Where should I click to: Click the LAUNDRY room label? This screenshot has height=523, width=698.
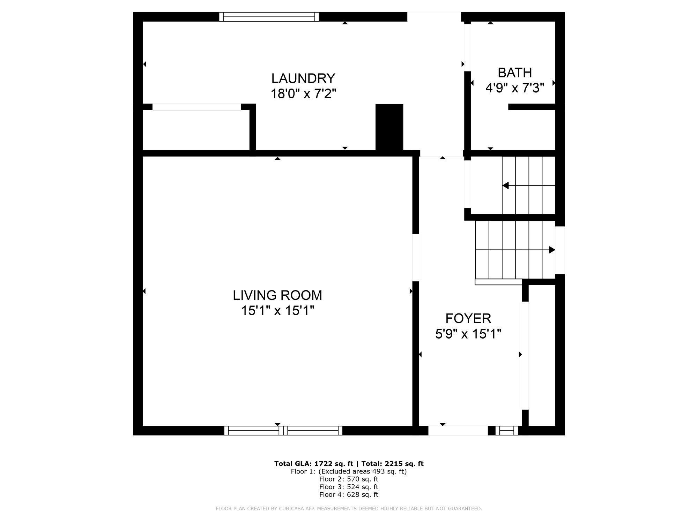click(x=303, y=78)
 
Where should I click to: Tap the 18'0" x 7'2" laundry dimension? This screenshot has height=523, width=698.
click(x=303, y=94)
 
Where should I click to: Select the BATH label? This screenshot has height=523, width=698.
click(x=515, y=73)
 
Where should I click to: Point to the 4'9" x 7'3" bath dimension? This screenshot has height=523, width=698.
click(x=515, y=88)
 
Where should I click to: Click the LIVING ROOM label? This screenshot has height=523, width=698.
click(x=277, y=295)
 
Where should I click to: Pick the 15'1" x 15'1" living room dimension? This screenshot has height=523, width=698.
click(x=277, y=310)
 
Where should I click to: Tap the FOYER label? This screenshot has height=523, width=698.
click(x=468, y=318)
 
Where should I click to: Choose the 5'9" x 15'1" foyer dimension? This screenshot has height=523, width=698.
click(x=468, y=334)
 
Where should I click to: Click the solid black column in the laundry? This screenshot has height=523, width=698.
click(x=389, y=127)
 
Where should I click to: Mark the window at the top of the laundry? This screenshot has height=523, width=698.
click(x=269, y=17)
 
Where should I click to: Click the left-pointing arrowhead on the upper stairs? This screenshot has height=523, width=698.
click(x=505, y=185)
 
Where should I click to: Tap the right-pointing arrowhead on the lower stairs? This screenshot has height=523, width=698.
click(x=552, y=250)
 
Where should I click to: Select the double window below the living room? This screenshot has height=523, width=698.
click(x=283, y=431)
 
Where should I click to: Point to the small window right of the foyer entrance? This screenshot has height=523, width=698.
click(x=507, y=431)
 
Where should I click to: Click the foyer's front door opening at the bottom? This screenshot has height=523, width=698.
click(x=458, y=431)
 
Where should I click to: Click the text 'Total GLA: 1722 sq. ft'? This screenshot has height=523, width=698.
click(x=314, y=464)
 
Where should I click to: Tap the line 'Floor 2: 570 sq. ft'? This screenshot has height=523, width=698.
click(x=349, y=479)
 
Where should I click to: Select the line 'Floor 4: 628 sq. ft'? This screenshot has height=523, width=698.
click(x=349, y=494)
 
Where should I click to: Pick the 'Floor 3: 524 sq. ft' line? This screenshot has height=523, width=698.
click(x=349, y=487)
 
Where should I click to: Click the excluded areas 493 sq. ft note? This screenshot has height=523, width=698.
click(x=363, y=471)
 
